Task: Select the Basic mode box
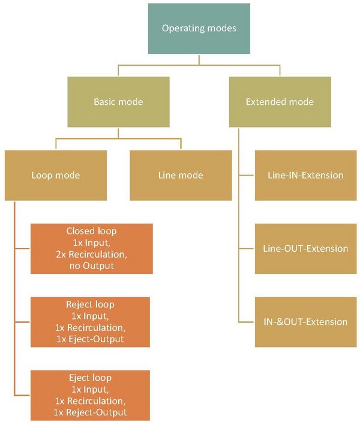tap(118, 102)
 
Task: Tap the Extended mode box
tap(280, 102)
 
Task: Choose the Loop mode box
tap(55, 175)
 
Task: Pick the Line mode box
tap(181, 175)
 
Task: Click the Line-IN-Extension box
tap(305, 175)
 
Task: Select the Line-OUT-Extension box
tap(305, 248)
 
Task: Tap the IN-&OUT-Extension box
tap(305, 321)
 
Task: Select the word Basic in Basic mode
tap(104, 102)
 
